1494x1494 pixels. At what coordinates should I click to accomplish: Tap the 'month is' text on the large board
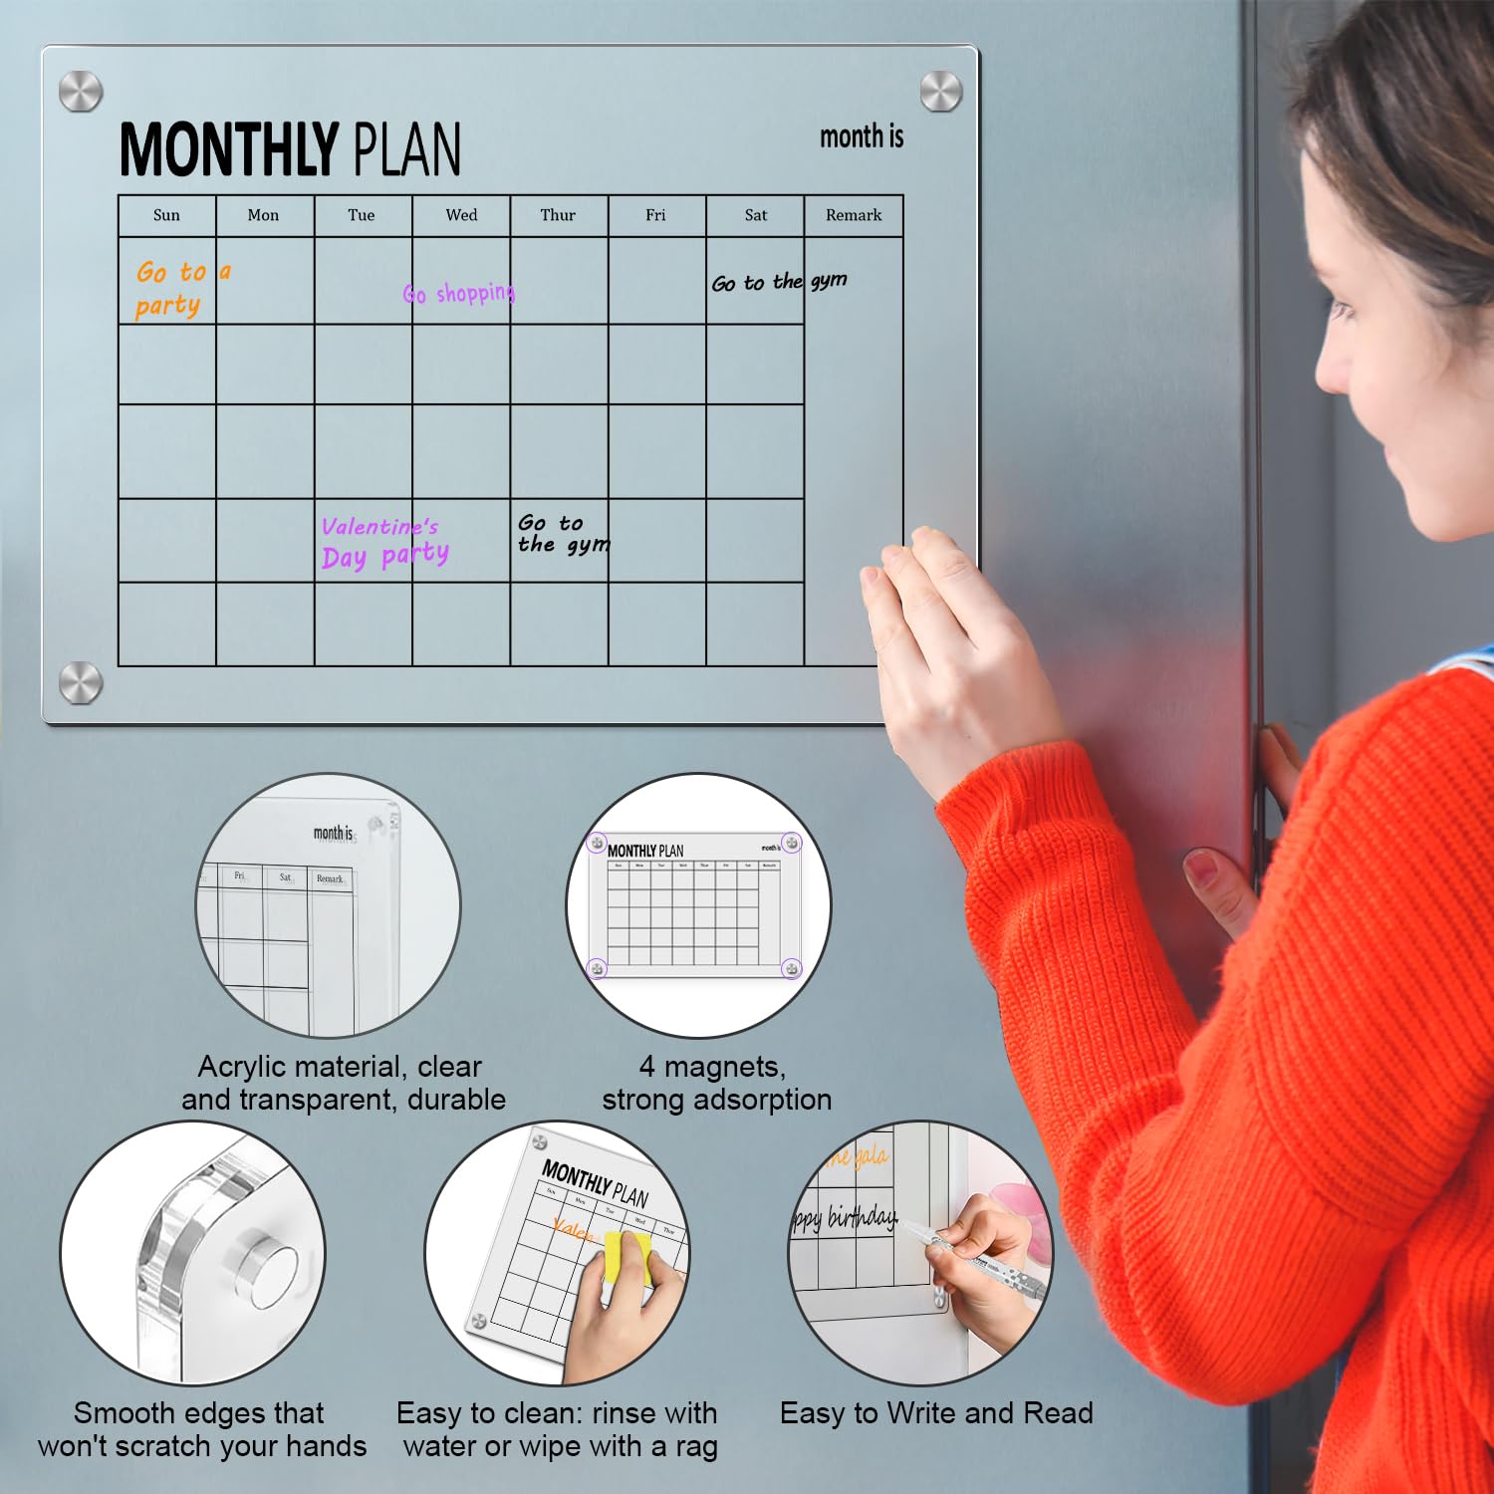coord(862,136)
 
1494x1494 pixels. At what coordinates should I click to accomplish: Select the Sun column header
coord(166,215)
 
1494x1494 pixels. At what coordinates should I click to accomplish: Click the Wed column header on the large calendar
coord(461,215)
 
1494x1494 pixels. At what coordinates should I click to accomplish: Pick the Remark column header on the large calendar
coord(854,215)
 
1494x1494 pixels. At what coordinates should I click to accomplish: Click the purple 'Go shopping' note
coord(459,293)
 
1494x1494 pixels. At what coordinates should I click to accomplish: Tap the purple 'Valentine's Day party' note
coord(383,542)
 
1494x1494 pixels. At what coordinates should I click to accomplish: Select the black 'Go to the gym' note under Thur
coord(563,534)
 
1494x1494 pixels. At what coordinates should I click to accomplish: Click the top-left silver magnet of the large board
coord(81,92)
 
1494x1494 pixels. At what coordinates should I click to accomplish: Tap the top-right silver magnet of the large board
coord(940,92)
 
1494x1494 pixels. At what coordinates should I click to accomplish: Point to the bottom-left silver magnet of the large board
coord(81,683)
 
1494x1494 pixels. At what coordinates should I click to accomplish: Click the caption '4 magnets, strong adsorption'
coord(716,1083)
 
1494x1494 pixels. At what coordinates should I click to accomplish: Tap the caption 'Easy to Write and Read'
coord(936,1413)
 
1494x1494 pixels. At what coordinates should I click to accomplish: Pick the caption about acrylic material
coord(343,1083)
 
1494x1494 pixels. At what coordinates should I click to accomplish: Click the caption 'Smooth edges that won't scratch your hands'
coord(201,1429)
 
